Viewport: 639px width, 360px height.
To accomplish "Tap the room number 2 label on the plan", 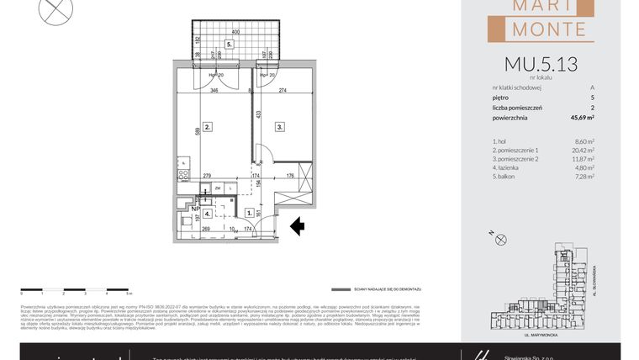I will [x=206, y=127].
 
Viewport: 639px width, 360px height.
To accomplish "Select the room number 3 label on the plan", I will [x=278, y=127].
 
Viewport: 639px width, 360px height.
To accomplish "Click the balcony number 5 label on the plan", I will [x=229, y=45].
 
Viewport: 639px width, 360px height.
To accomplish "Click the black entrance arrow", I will [x=295, y=225].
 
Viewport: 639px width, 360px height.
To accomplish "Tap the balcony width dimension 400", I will [x=236, y=32].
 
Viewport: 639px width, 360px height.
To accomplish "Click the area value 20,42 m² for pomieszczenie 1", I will [x=583, y=151].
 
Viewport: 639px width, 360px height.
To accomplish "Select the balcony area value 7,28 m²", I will [x=584, y=177].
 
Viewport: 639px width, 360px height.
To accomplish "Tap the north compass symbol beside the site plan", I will [x=502, y=240].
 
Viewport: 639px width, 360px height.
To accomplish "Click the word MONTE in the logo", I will [x=544, y=29].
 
